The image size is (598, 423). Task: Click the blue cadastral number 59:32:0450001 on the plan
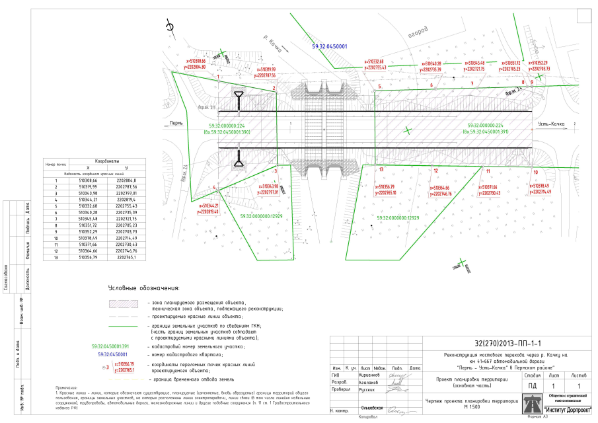(x=329, y=47)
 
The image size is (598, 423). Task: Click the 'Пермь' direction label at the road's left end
(x=176, y=124)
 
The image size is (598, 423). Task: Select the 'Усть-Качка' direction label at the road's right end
(x=550, y=124)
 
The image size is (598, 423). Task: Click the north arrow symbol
(x=170, y=26)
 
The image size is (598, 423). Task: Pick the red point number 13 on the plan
(x=381, y=170)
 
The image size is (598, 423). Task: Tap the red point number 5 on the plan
(x=380, y=87)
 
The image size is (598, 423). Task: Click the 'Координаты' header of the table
(x=107, y=161)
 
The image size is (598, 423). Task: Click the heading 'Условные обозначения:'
(x=145, y=289)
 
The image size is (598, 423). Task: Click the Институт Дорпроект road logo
(x=533, y=401)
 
